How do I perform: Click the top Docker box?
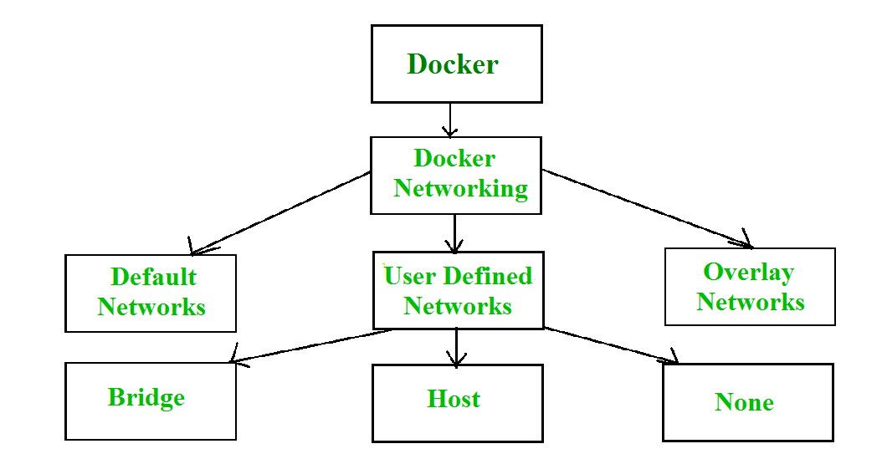click(x=456, y=64)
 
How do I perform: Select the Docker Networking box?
click(x=456, y=174)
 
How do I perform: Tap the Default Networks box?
click(x=151, y=293)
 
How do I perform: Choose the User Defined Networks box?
click(x=458, y=290)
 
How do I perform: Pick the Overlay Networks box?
click(x=750, y=286)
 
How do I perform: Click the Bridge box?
click(x=151, y=400)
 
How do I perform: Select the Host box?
click(x=457, y=402)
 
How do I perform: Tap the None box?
click(x=747, y=401)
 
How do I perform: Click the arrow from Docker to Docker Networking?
click(x=450, y=120)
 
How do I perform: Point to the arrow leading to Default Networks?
click(x=280, y=213)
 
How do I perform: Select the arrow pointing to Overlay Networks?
click(x=647, y=209)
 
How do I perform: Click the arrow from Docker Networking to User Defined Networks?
click(x=454, y=233)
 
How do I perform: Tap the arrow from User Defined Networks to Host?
click(x=456, y=347)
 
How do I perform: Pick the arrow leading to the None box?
click(x=611, y=345)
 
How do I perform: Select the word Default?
click(x=153, y=278)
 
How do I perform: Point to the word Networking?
click(x=460, y=189)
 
